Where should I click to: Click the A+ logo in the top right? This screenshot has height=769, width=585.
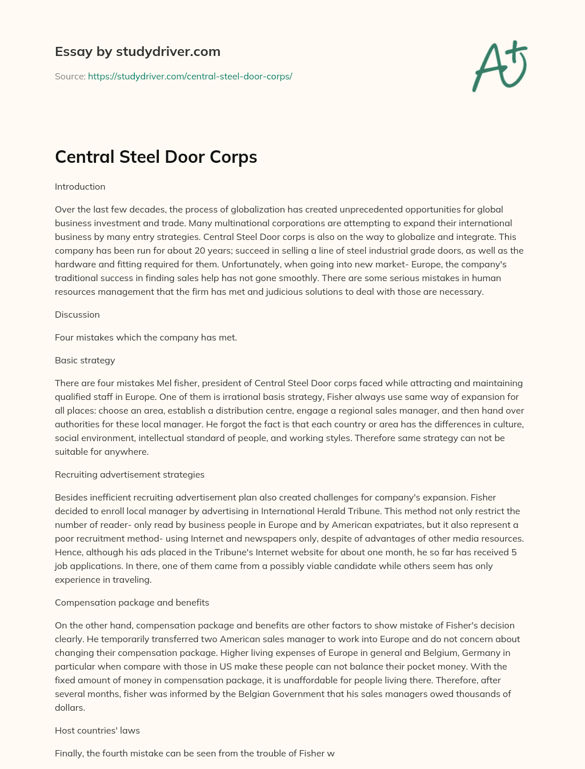[499, 66]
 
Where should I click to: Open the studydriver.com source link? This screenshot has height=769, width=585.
[190, 76]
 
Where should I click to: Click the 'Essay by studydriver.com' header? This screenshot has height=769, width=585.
[137, 52]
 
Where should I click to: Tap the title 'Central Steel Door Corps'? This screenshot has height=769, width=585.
[156, 157]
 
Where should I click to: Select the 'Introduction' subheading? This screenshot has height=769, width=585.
[80, 187]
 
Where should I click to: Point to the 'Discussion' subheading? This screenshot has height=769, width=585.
[77, 315]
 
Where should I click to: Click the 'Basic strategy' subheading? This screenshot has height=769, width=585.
[85, 361]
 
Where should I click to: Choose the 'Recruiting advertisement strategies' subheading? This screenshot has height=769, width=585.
[129, 475]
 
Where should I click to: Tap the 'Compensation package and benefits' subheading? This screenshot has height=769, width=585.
[132, 603]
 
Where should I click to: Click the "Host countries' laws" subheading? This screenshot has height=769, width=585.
[97, 731]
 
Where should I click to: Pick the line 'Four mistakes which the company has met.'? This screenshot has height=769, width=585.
[146, 338]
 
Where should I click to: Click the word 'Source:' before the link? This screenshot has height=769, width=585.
[70, 76]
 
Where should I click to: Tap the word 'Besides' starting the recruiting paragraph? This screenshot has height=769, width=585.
[70, 498]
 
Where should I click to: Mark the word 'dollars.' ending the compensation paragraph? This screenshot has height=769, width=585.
[70, 708]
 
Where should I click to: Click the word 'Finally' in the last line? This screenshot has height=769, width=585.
[69, 754]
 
